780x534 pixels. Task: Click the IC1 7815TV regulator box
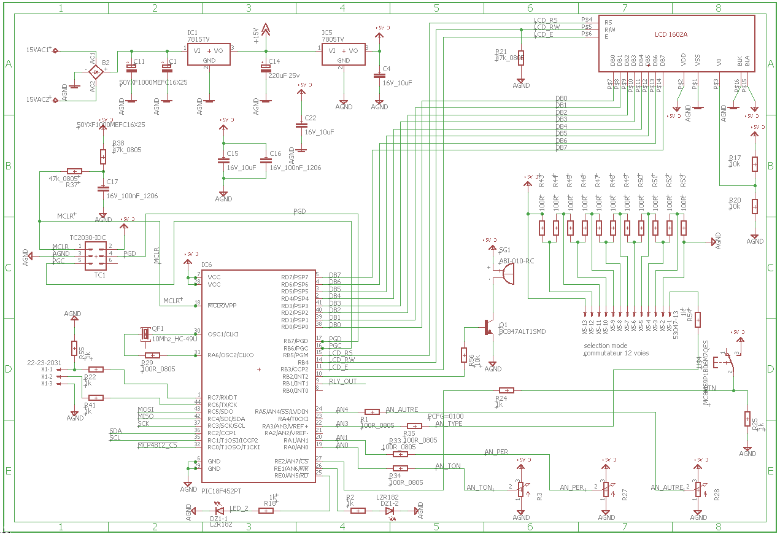point(209,55)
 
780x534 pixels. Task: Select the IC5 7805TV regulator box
point(344,55)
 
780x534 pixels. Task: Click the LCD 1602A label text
point(671,35)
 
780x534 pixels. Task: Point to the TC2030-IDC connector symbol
point(95,253)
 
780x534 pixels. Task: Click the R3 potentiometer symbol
point(521,489)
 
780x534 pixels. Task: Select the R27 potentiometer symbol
point(606,489)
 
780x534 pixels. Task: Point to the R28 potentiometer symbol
point(698,489)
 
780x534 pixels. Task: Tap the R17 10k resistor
point(755,164)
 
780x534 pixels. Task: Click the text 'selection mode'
point(606,346)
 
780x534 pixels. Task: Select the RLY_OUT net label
point(342,381)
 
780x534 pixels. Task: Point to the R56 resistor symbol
point(463,355)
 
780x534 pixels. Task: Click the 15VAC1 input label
point(37,50)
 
